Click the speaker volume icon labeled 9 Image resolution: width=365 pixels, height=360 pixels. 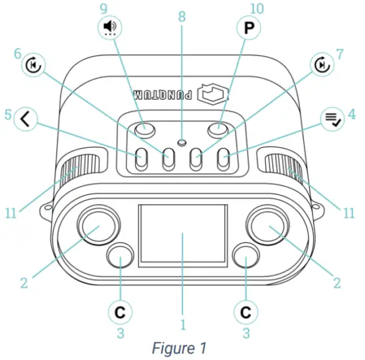(x=110, y=28)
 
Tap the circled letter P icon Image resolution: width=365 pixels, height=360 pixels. (x=248, y=28)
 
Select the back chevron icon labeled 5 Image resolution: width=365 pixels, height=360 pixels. (x=26, y=119)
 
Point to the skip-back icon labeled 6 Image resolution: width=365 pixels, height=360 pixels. (x=34, y=65)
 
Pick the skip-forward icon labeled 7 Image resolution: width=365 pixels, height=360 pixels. (x=322, y=65)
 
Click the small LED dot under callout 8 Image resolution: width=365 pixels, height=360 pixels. (x=182, y=142)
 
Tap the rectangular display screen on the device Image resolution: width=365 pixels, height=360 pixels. (x=183, y=235)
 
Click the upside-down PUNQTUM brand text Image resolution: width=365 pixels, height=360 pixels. (x=163, y=95)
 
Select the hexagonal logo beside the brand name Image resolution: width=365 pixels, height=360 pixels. (x=213, y=94)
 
